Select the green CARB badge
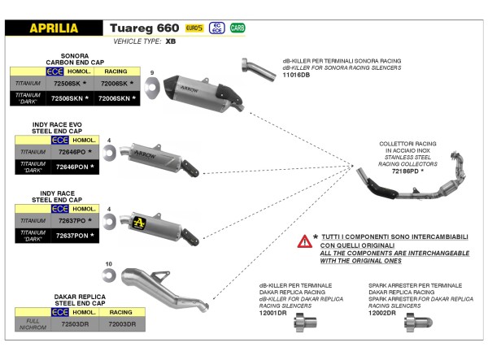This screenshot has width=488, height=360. tap(237, 28)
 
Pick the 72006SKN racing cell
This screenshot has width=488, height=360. tap(115, 98)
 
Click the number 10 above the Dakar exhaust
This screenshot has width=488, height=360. tap(109, 263)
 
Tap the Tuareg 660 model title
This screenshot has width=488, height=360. tap(144, 27)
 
